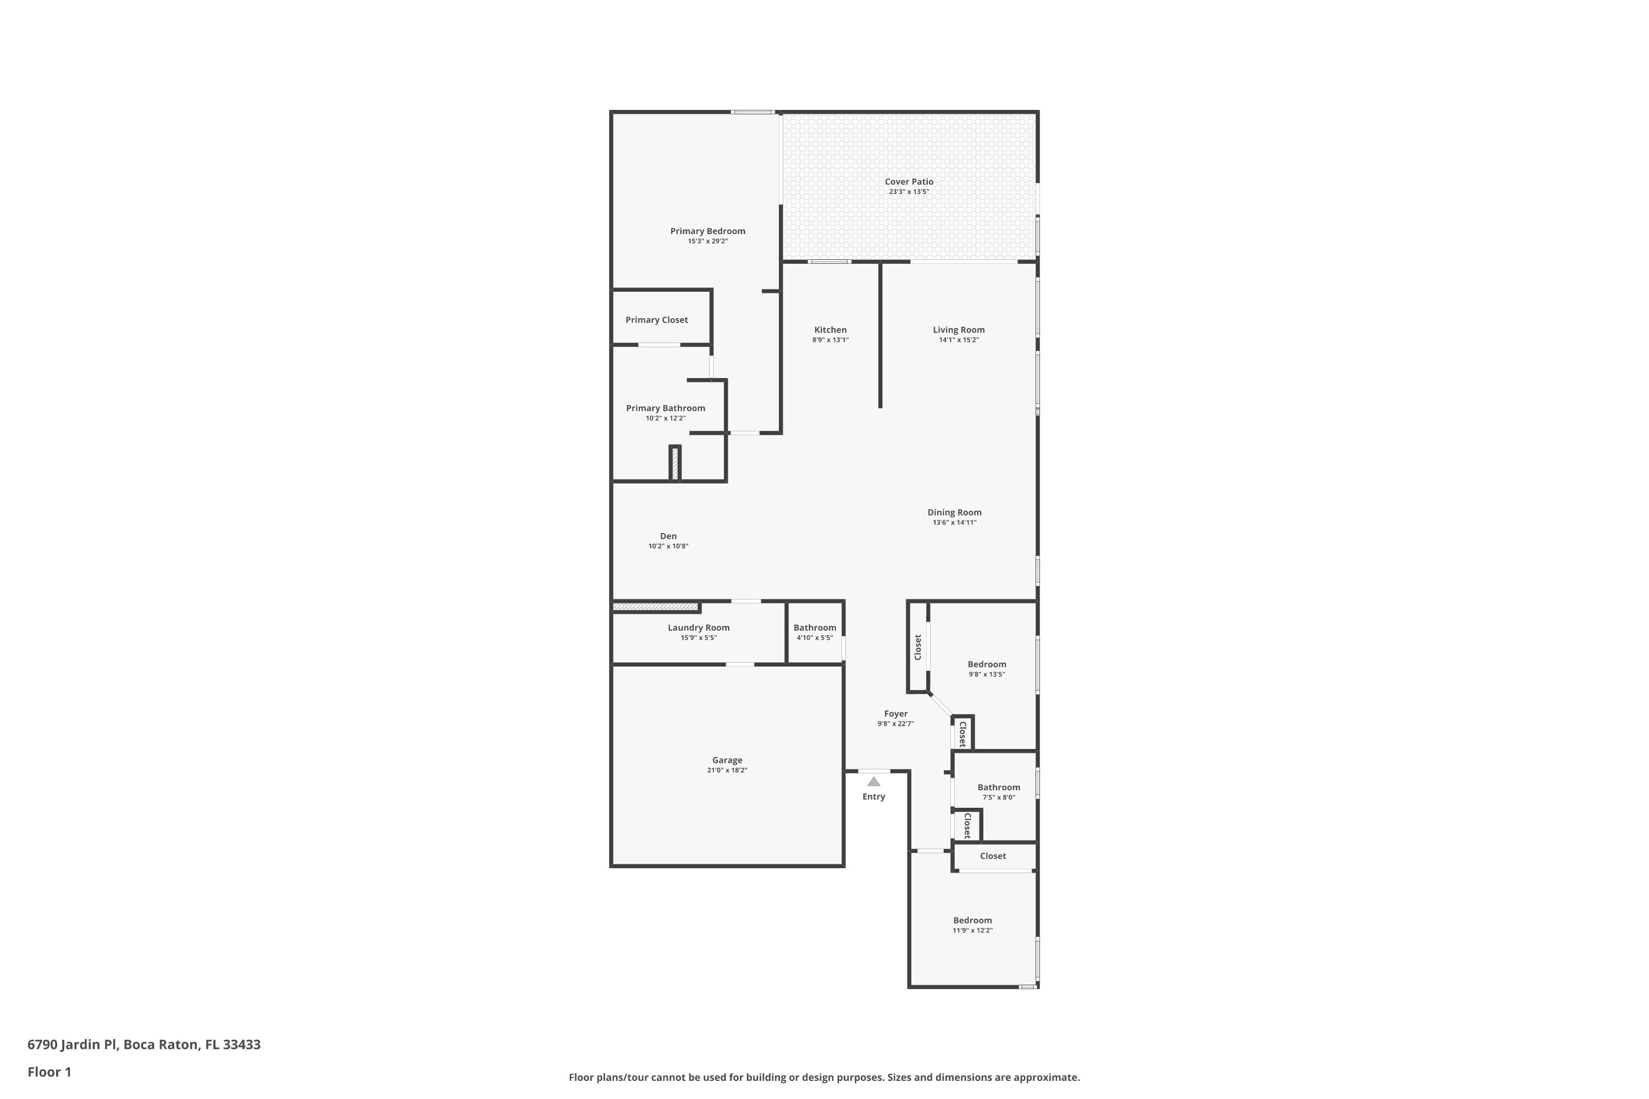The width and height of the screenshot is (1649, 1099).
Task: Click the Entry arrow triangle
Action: click(873, 781)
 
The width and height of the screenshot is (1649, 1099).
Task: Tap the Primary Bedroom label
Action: click(707, 231)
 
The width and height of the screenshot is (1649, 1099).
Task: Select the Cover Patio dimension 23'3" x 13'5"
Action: click(909, 192)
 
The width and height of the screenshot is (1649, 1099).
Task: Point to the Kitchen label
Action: click(830, 330)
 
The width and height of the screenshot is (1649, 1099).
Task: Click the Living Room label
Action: click(959, 330)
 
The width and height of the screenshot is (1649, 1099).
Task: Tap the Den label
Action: click(668, 536)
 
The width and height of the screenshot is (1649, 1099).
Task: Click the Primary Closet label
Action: click(656, 320)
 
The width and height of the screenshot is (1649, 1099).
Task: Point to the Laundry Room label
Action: click(698, 628)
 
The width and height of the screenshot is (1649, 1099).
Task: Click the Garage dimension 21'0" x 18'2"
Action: click(727, 770)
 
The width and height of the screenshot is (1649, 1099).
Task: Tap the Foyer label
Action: click(895, 713)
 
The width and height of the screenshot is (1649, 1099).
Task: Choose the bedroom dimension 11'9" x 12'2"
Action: click(972, 931)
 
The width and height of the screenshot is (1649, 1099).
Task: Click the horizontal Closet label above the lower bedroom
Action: click(993, 856)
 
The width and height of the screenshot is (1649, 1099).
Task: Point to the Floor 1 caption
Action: click(49, 1072)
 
